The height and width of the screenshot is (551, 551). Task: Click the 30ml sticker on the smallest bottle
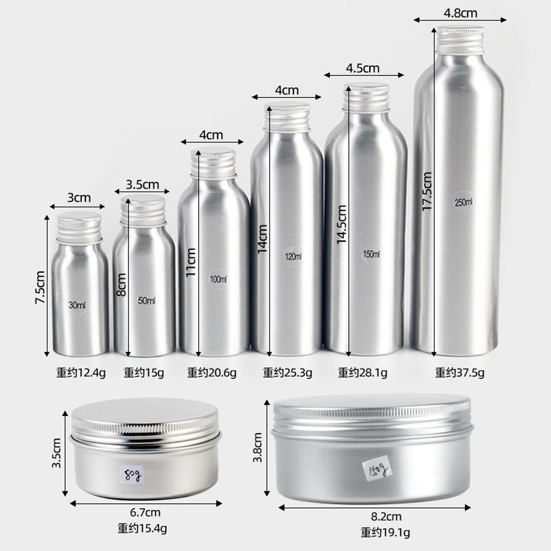pos(77,305)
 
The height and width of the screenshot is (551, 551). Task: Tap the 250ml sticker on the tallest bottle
pos(464,202)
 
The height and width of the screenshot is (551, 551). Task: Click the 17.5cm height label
pos(427,191)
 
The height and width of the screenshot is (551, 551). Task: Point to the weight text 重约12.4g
pos(81,373)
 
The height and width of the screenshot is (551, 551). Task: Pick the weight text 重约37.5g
pos(459,373)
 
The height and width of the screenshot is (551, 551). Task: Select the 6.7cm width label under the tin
pos(145,513)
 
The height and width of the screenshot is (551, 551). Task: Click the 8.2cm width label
pos(386,517)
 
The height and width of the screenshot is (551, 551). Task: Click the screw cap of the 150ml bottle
pos(366,96)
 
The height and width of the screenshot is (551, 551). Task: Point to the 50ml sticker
pos(147,300)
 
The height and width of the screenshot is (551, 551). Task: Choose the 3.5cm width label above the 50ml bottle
pos(142,185)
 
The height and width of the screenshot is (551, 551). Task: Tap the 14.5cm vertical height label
pos(341,225)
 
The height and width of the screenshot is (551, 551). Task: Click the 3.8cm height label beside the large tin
pos(258,448)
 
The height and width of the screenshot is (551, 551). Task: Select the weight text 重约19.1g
pos(385,532)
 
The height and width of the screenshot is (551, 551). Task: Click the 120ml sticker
pos(293,257)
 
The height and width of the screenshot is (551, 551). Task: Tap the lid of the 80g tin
pos(145,418)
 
